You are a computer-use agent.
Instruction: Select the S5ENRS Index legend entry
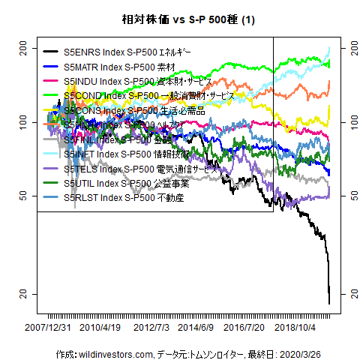(127, 52)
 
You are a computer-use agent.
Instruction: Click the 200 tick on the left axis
(22, 48)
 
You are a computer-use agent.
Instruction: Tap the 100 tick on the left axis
(22, 121)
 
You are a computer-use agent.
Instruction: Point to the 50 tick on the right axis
(348, 195)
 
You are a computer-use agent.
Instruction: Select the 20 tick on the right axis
(348, 292)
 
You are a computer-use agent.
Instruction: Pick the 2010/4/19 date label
(100, 328)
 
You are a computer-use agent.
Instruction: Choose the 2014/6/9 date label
(196, 328)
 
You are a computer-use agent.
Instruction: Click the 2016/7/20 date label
(245, 328)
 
